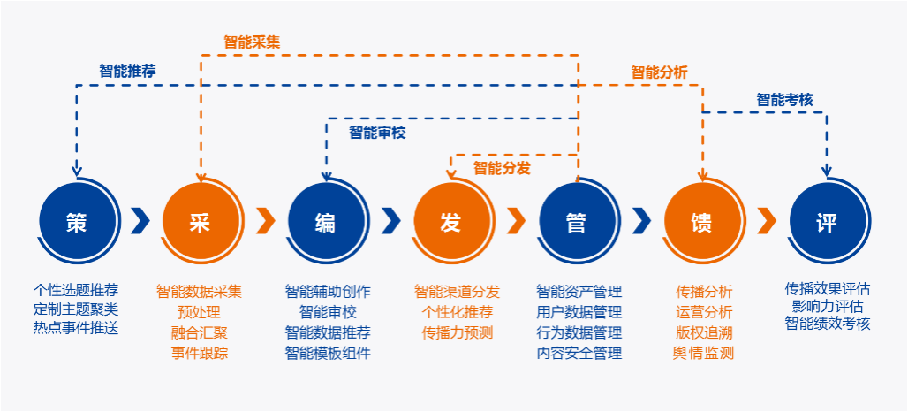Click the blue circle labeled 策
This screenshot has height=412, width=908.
[x=77, y=223]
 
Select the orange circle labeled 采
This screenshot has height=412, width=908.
[x=201, y=223]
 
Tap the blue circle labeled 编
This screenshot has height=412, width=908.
[x=325, y=223]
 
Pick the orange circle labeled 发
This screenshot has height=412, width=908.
[x=450, y=223]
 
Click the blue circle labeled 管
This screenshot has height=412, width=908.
[x=576, y=223]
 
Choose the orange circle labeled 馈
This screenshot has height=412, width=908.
[x=701, y=223]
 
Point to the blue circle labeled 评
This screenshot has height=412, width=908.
[x=827, y=223]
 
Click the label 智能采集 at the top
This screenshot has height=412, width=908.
[x=252, y=41]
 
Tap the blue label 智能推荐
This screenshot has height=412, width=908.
[x=127, y=71]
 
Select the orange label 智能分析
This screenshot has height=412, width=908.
[x=659, y=72]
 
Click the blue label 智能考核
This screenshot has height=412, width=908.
[x=784, y=100]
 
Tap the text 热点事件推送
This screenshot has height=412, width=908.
[x=76, y=328]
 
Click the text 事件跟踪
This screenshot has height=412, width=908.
[x=200, y=353]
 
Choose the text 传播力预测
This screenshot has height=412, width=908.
[x=457, y=332]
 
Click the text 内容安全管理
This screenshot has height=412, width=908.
[x=579, y=353]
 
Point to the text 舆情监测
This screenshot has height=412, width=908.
[x=703, y=353]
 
